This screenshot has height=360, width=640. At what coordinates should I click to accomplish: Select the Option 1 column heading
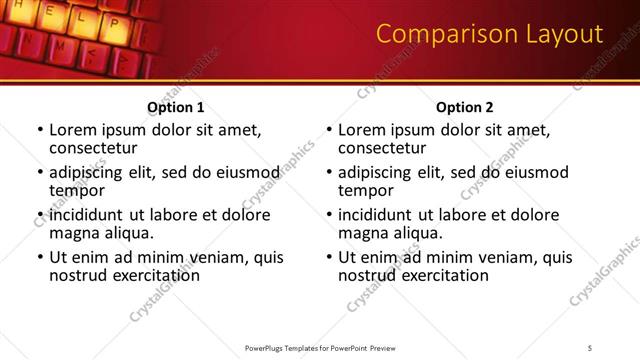pyautogui.click(x=176, y=107)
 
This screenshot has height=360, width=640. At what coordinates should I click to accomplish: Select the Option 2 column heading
pyautogui.click(x=465, y=107)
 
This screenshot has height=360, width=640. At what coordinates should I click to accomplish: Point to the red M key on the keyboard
pyautogui.click(x=60, y=46)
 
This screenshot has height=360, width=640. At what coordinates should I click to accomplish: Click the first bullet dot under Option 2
pyautogui.click(x=330, y=130)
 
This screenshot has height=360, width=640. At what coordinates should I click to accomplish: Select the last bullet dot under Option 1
pyautogui.click(x=40, y=257)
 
